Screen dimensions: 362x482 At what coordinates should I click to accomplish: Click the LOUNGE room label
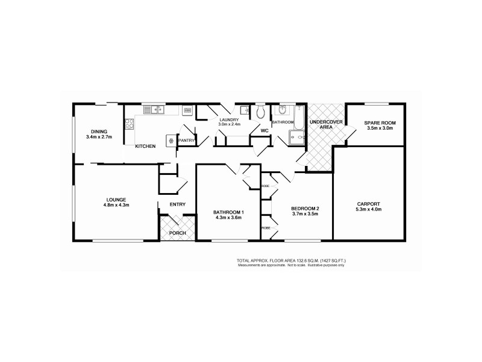click(x=116, y=199)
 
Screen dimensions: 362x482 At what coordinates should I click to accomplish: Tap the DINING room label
click(x=99, y=132)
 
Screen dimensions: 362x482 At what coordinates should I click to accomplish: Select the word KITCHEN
click(x=145, y=147)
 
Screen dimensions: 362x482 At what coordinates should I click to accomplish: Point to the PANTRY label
click(x=186, y=141)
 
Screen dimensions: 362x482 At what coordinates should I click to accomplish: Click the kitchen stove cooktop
click(x=129, y=124)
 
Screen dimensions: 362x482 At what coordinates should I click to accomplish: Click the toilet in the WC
click(x=260, y=112)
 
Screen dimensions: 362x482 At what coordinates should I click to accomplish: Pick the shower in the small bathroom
click(x=296, y=139)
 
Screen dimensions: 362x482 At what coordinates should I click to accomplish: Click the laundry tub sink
click(x=245, y=110)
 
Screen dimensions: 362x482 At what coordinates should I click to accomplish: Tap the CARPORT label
click(x=369, y=204)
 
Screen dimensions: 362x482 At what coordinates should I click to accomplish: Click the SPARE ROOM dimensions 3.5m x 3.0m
click(x=379, y=129)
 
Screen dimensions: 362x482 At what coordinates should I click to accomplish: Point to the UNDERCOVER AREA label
click(x=321, y=125)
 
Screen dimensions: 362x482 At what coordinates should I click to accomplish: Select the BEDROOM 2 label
click(x=305, y=209)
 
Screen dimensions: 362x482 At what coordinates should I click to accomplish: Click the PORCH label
click(x=177, y=233)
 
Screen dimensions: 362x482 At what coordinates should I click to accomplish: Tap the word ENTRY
click(x=177, y=205)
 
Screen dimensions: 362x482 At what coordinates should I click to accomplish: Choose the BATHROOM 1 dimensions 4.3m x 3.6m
click(x=228, y=218)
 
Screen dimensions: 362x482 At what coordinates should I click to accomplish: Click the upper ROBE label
click(x=265, y=186)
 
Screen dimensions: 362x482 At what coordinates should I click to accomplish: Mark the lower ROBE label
click(x=265, y=227)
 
